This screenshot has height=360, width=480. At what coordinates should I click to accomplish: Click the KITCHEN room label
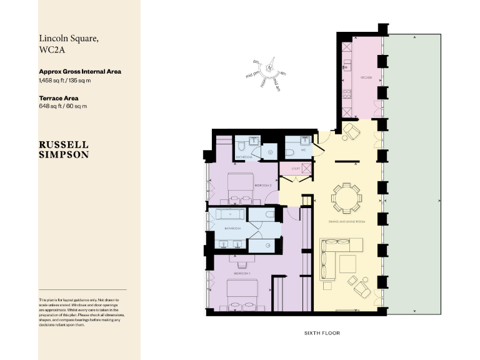(x=366, y=77)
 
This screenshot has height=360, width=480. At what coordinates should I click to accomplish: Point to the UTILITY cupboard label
(x=295, y=169)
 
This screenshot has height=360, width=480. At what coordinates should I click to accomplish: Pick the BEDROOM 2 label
(x=263, y=186)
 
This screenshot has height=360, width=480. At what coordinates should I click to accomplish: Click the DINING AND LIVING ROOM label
(x=346, y=222)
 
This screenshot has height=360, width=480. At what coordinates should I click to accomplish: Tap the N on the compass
(x=270, y=67)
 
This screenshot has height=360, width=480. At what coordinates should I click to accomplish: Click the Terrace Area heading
(x=61, y=98)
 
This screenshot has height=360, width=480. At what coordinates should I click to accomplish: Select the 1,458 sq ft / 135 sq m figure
(x=65, y=81)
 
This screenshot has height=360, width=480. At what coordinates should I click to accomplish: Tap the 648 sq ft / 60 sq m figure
(x=62, y=107)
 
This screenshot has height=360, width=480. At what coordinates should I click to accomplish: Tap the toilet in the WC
(x=291, y=152)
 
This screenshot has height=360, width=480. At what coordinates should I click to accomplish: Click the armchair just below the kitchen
(x=352, y=131)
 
